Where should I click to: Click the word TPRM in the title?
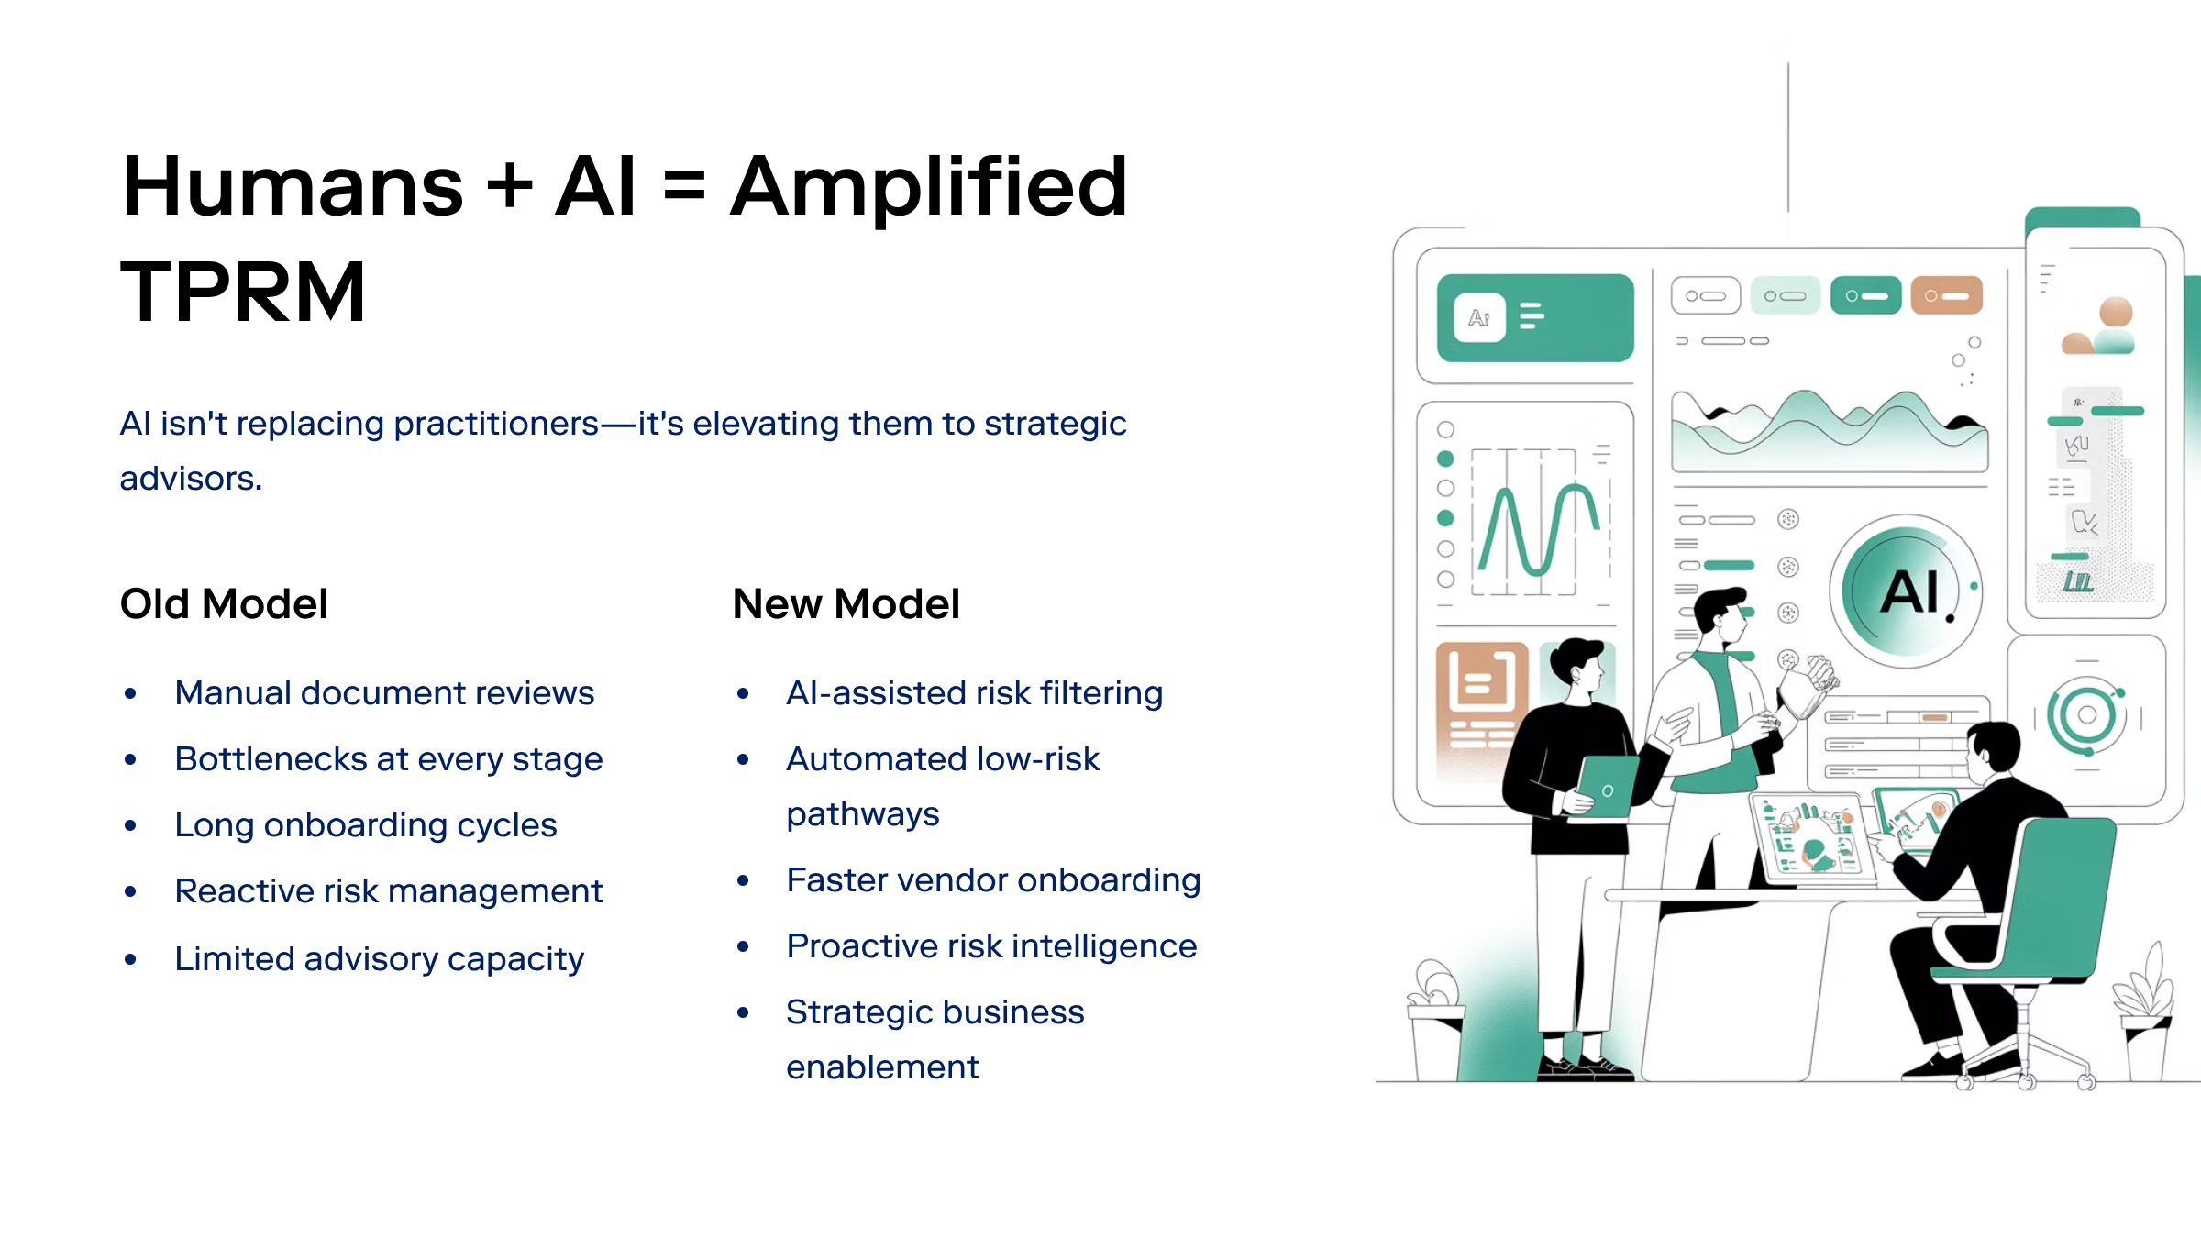pyautogui.click(x=243, y=293)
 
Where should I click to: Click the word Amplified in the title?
pyautogui.click(x=928, y=187)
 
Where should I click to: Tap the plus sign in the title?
pyautogui.click(x=510, y=187)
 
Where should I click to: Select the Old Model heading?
pyautogui.click(x=224, y=604)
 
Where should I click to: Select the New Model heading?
pyautogui.click(x=846, y=604)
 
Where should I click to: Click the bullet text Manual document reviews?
pyautogui.click(x=384, y=693)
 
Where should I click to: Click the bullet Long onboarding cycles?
pyautogui.click(x=365, y=825)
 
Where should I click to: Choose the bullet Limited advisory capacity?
pyautogui.click(x=379, y=959)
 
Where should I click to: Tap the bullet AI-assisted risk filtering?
pyautogui.click(x=974, y=693)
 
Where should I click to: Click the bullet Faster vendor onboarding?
pyautogui.click(x=993, y=880)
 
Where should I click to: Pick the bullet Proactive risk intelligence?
pyautogui.click(x=991, y=946)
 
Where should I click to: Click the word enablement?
pyautogui.click(x=882, y=1067)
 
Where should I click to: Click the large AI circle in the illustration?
pyautogui.click(x=1906, y=591)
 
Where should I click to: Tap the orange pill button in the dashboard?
pyautogui.click(x=1946, y=296)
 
